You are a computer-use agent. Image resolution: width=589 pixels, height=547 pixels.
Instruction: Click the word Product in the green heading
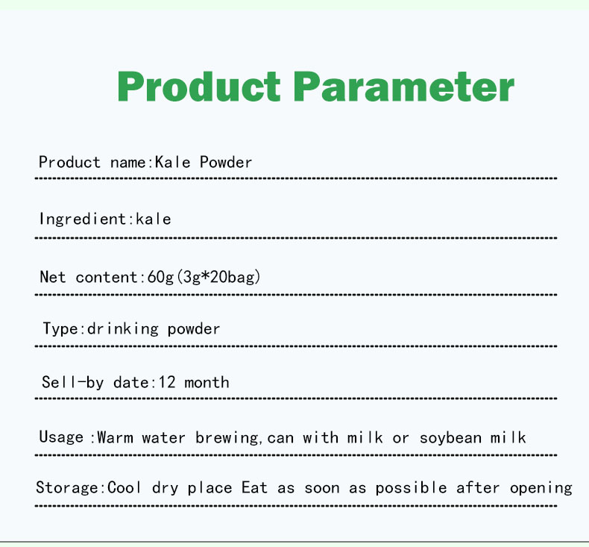[198, 88]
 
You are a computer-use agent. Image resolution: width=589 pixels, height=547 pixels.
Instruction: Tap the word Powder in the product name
[226, 162]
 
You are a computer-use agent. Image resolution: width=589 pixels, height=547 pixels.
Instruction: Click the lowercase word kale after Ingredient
[153, 219]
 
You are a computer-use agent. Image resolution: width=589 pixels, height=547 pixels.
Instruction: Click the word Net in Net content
[53, 277]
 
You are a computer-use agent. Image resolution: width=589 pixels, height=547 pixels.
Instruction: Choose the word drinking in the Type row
[123, 328]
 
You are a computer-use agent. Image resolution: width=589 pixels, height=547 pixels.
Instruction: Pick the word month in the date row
[207, 382]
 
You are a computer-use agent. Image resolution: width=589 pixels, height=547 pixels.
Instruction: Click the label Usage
[61, 437]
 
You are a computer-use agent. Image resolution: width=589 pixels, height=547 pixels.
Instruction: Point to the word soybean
[450, 437]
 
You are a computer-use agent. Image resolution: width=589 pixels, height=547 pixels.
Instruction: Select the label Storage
[66, 488]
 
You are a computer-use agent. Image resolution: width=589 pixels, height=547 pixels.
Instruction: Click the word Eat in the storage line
[254, 488]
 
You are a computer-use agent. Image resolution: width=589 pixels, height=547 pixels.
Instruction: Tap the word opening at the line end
[541, 488]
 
